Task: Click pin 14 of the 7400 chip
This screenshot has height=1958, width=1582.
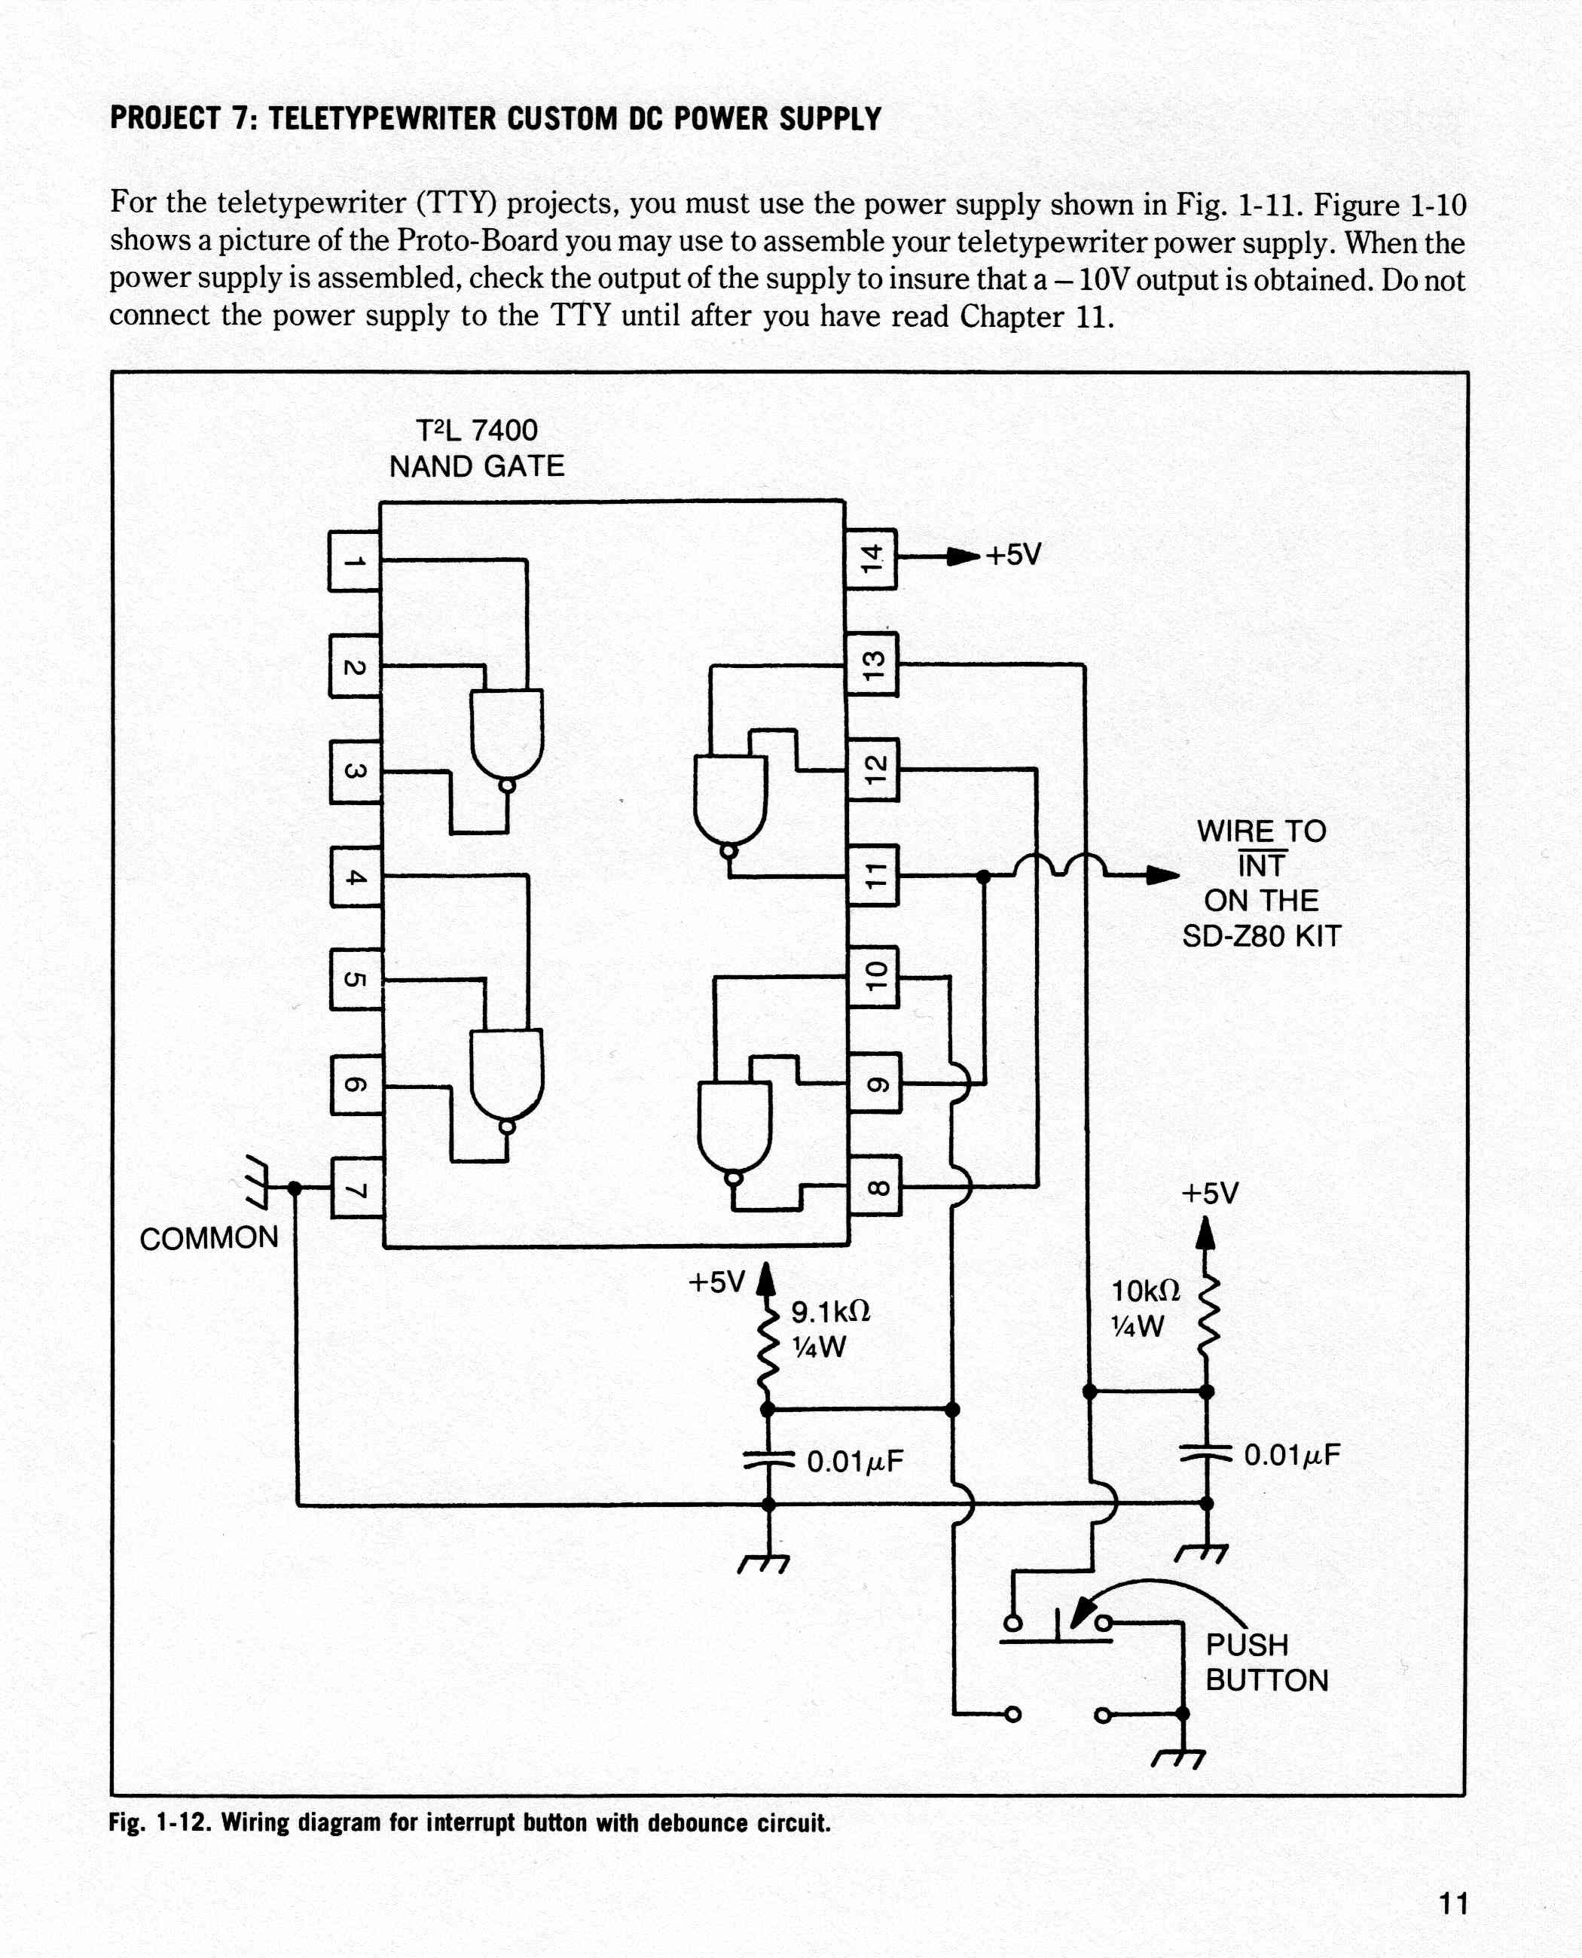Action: tap(870, 559)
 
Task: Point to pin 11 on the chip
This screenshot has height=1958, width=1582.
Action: tap(873, 876)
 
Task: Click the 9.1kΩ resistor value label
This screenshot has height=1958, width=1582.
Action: tap(830, 1312)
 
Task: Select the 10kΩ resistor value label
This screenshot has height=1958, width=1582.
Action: tap(1146, 1291)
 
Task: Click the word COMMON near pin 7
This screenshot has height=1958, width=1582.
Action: tap(209, 1238)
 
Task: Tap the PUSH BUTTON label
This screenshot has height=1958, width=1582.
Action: tap(1266, 1662)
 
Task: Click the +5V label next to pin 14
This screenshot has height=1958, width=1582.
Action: tap(1012, 554)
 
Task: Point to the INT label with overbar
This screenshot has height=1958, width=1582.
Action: tap(1261, 864)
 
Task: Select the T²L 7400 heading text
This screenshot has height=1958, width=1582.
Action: tap(477, 430)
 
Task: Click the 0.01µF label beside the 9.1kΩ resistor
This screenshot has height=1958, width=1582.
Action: tap(855, 1462)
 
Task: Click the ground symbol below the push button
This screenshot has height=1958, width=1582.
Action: tap(1179, 1758)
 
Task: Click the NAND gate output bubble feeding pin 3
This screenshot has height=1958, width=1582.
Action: tap(507, 786)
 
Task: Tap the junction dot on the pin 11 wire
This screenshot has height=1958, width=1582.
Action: tap(983, 877)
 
